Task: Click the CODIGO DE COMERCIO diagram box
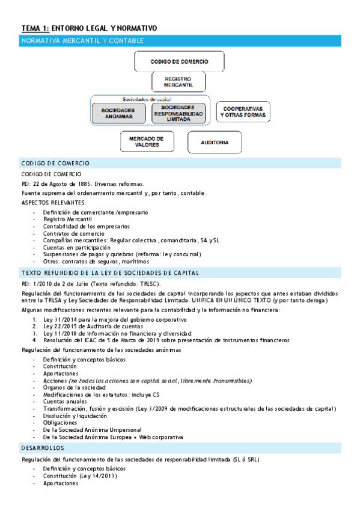click(178, 61)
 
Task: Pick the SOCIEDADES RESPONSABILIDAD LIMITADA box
click(178, 113)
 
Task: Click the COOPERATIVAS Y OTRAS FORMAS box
click(243, 111)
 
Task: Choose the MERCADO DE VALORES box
click(147, 141)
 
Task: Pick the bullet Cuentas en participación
click(77, 247)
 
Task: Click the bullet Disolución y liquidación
click(75, 416)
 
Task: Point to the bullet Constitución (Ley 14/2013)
click(80, 476)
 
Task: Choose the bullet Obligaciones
click(61, 423)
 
